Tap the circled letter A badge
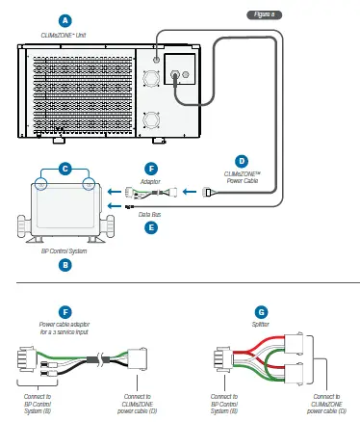point(64,19)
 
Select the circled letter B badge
point(64,263)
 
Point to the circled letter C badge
point(64,168)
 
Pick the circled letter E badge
point(149,228)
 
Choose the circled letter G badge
point(261,311)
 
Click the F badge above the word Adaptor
point(149,168)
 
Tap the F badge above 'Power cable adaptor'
point(64,311)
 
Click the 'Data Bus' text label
point(149,216)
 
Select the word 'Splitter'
point(261,326)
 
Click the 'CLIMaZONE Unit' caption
point(64,34)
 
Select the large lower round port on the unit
point(151,119)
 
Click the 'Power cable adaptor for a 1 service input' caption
point(64,329)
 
